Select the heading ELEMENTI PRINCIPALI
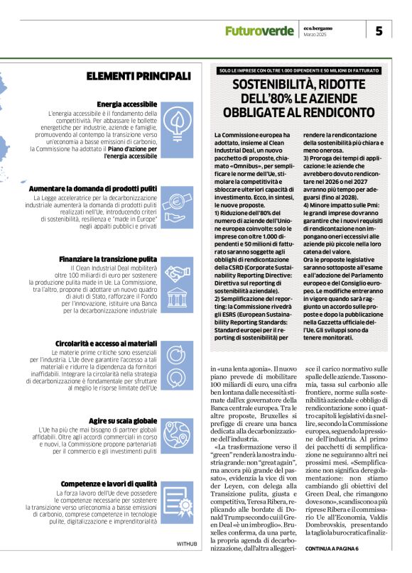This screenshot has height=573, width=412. pos(138,76)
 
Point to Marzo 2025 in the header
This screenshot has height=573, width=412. pos(315,35)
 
